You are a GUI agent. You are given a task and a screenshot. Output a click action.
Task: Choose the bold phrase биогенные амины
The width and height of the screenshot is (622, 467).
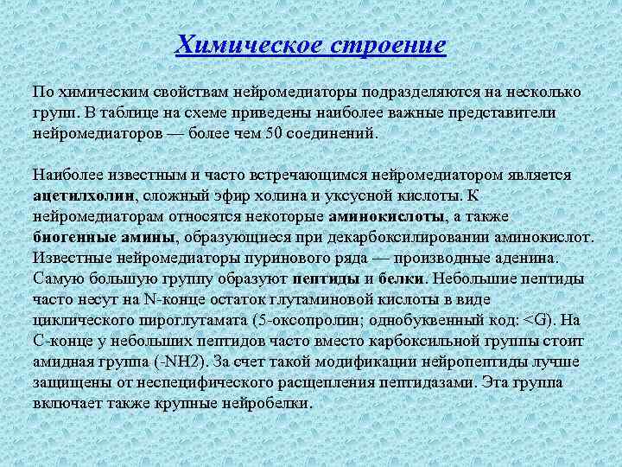coord(104,237)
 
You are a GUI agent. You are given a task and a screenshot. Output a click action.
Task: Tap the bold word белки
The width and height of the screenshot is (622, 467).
coord(402,278)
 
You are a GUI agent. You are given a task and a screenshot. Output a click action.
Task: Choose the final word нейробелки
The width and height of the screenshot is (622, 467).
coord(264,403)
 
